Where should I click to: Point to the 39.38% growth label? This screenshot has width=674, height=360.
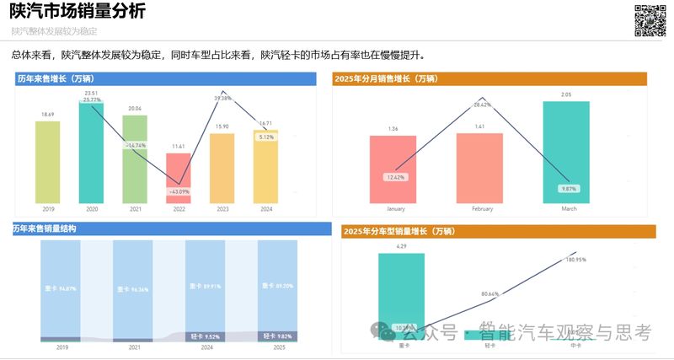click(x=222, y=98)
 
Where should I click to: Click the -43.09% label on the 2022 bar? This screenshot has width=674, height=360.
click(x=178, y=191)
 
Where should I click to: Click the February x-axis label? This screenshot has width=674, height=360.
click(x=482, y=208)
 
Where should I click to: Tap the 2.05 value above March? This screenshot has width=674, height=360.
click(x=566, y=95)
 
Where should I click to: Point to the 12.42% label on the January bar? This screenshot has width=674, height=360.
click(x=395, y=177)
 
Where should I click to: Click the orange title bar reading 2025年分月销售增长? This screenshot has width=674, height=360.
click(x=489, y=78)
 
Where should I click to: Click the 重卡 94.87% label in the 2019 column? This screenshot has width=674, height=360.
click(x=61, y=288)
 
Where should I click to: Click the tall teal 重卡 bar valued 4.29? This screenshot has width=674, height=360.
click(x=401, y=295)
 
